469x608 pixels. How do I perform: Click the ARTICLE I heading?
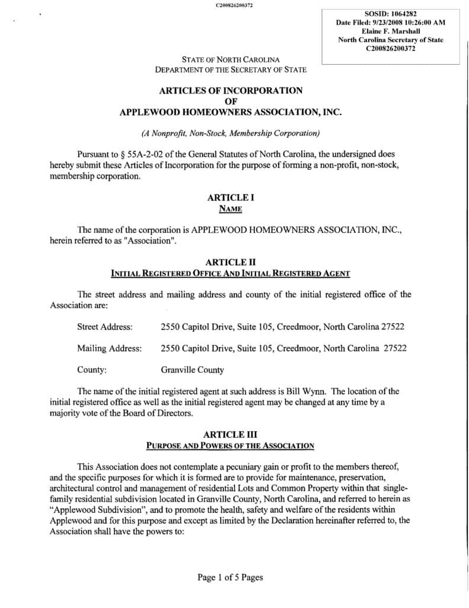point(231,197)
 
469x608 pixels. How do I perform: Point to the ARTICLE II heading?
point(231,262)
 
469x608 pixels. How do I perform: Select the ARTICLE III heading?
point(231,435)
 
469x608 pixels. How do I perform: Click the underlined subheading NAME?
point(231,208)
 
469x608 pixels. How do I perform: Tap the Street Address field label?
point(105,327)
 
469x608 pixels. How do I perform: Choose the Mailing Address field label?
point(109,348)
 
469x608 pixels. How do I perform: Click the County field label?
point(92,370)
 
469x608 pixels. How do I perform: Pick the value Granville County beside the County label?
point(192,370)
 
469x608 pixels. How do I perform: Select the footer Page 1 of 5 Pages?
point(230,577)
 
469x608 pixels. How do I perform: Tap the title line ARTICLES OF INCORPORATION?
point(231,90)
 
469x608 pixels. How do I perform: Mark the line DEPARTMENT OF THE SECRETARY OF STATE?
point(231,69)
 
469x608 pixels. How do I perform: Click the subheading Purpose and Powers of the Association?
point(231,445)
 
